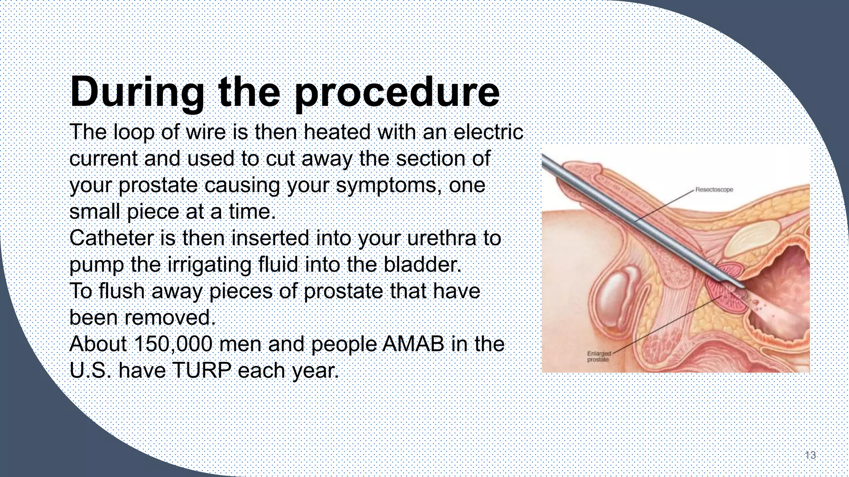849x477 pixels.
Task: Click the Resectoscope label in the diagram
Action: [714, 190]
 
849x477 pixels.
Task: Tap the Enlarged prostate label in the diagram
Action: [598, 357]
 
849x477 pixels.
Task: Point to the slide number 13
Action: [810, 455]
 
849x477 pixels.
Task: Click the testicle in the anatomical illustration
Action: [618, 296]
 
